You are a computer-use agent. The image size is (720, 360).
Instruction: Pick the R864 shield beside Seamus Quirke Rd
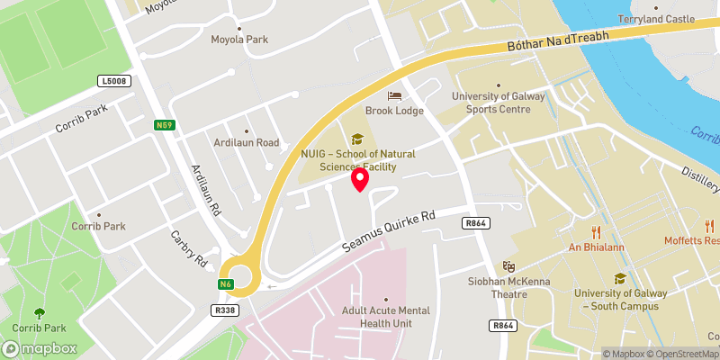[x=476, y=221]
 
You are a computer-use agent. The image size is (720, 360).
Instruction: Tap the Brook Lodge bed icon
[x=393, y=96]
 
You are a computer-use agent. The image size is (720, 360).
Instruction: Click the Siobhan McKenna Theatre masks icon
[x=508, y=265]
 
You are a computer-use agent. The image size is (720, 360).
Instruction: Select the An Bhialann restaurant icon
[x=596, y=229]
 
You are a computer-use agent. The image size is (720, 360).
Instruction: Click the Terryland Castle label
[x=656, y=19]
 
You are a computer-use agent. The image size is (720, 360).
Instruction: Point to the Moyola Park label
[x=239, y=40]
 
